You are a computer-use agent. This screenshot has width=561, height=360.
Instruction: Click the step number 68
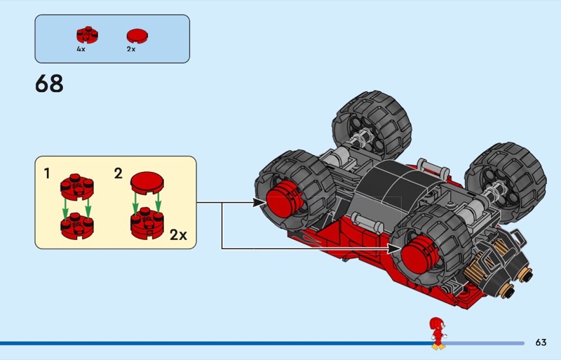pyautogui.click(x=49, y=84)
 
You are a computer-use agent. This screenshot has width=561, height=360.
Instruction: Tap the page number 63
pyautogui.click(x=540, y=342)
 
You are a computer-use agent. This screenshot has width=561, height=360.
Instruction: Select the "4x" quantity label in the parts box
pyautogui.click(x=81, y=50)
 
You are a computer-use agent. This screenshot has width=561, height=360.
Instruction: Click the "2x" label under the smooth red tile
pyautogui.click(x=130, y=50)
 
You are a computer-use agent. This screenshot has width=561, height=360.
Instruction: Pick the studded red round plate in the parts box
pyautogui.click(x=86, y=35)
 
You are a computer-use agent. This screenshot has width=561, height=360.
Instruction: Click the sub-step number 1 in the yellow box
pyautogui.click(x=47, y=172)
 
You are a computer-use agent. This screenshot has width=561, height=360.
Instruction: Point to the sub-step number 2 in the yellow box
pyautogui.click(x=119, y=173)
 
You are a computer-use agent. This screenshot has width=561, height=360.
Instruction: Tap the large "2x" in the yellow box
pyautogui.click(x=178, y=234)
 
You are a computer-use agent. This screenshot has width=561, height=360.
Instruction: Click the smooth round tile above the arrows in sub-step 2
pyautogui.click(x=147, y=183)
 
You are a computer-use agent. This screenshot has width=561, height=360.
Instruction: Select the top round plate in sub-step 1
pyautogui.click(x=76, y=186)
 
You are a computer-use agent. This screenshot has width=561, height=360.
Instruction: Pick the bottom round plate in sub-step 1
pyautogui.click(x=76, y=226)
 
